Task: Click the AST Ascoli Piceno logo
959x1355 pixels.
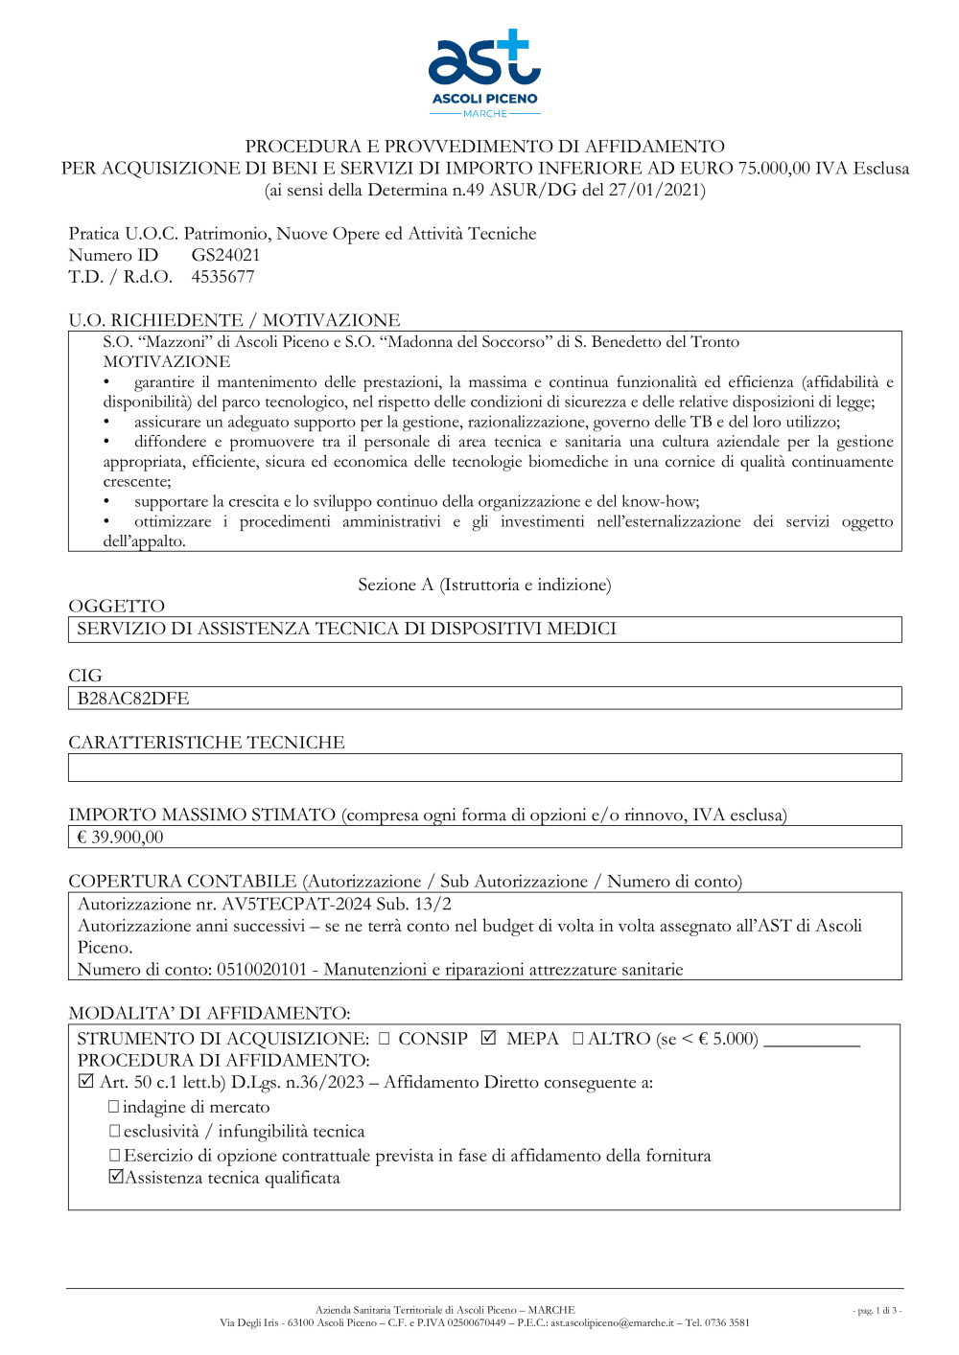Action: pos(484,72)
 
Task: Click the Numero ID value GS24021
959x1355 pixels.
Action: pos(225,255)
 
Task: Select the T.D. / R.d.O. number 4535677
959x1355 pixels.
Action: pos(222,277)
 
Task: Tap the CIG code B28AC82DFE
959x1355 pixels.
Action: pos(133,699)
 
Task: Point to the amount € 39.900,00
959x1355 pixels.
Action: pos(121,838)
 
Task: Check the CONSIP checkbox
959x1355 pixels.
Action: pos(385,1039)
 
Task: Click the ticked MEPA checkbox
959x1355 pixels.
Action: pos(489,1038)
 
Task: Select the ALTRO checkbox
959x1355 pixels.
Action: pos(578,1039)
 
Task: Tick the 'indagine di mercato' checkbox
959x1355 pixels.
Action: pos(114,1107)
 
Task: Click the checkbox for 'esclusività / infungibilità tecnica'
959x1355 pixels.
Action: pos(114,1132)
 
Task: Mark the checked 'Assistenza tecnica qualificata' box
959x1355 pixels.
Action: pos(116,1177)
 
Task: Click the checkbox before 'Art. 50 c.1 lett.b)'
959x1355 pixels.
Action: pos(86,1082)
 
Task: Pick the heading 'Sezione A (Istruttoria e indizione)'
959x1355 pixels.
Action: pos(484,585)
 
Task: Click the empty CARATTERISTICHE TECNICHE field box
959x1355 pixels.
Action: pos(484,768)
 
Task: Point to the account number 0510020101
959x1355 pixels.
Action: pos(262,970)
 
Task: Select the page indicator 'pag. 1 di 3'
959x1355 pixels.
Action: pos(877,1310)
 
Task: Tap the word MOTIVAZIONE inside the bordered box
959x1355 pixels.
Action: pos(167,361)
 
